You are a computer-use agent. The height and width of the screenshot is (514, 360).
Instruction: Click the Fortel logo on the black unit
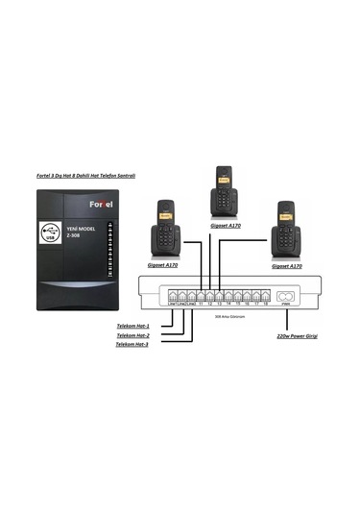pos(102,204)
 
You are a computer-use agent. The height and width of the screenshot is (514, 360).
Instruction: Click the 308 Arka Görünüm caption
pos(229,314)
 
